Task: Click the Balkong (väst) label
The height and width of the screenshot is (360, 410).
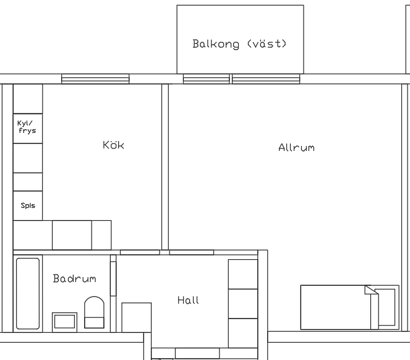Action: (239, 44)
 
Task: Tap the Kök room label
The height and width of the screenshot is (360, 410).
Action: (113, 145)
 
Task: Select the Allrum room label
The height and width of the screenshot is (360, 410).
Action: (296, 148)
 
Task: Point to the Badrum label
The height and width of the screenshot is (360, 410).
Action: (75, 278)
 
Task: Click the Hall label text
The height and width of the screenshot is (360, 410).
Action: (188, 300)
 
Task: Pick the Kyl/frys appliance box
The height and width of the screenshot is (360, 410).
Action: (28, 129)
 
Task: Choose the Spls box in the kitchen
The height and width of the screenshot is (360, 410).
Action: (28, 205)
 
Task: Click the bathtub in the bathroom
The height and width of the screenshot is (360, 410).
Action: (28, 294)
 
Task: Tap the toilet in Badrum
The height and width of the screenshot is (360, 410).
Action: (94, 312)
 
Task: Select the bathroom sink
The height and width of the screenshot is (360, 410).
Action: (64, 322)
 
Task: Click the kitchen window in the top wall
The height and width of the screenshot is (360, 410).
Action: (95, 79)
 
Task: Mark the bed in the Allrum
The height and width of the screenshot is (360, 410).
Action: (350, 307)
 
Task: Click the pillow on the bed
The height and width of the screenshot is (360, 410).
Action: (385, 307)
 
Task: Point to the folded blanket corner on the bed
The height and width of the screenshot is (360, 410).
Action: (371, 289)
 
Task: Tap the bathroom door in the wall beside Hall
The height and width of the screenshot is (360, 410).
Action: (113, 278)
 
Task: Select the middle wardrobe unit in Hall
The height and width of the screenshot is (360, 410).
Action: (243, 304)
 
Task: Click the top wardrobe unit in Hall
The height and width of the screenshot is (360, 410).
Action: (243, 274)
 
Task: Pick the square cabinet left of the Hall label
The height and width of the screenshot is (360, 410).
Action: (137, 317)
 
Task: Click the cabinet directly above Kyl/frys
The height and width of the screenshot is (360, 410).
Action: (28, 99)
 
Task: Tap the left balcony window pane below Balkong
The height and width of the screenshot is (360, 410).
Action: (207, 79)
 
